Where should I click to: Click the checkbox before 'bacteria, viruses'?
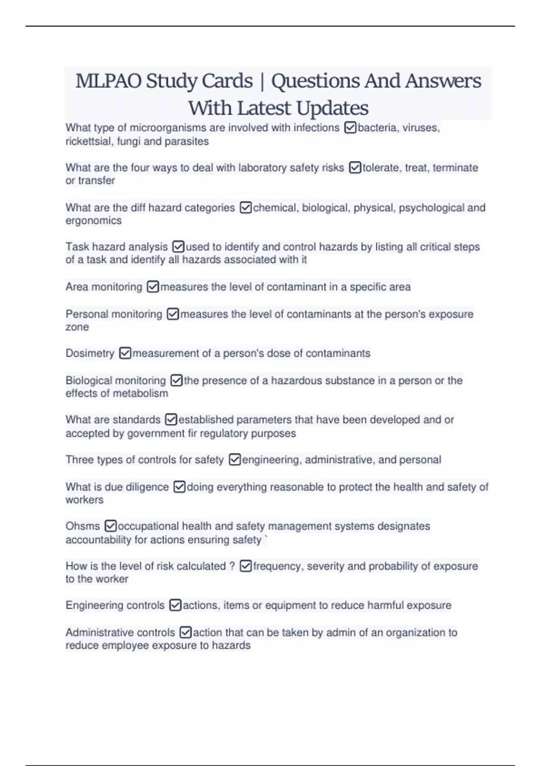350,128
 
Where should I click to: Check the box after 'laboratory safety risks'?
355,168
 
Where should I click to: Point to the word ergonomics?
93,221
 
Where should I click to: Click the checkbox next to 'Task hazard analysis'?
179,247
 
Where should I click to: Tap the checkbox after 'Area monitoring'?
153,287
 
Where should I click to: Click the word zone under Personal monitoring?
77,327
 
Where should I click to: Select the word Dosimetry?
90,353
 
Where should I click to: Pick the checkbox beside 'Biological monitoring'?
176,381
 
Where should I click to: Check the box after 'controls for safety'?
235,460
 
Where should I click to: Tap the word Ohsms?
83,526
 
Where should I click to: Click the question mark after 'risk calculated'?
232,566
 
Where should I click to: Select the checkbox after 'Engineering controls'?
175,606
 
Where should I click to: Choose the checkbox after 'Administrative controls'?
185,633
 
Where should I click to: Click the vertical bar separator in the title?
262,82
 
